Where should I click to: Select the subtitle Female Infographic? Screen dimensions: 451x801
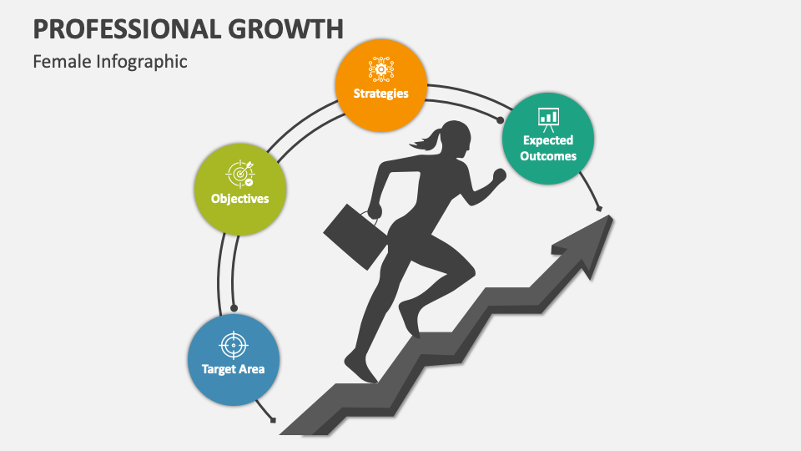click(110, 62)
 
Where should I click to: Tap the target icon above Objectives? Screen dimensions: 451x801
click(239, 173)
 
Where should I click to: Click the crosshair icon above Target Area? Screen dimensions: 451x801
click(234, 344)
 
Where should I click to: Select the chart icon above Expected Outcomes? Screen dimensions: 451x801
click(548, 118)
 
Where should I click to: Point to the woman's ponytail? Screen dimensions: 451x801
click(423, 144)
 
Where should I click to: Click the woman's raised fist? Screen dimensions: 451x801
click(499, 175)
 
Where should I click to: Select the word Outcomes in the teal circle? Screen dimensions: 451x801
click(548, 155)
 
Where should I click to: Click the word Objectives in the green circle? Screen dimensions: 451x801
click(240, 199)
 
